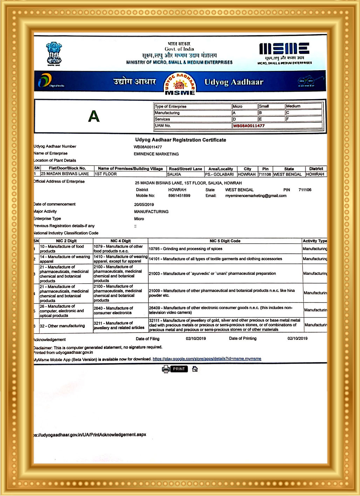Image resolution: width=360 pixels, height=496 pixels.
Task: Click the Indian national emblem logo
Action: [54, 54]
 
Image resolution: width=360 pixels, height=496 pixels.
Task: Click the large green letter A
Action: [94, 116]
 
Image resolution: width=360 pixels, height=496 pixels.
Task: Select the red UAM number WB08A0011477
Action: [249, 126]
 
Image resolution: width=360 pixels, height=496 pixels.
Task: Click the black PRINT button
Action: [179, 369]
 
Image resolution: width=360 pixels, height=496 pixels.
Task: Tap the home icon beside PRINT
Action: [195, 369]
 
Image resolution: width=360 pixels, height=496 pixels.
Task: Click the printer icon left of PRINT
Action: [166, 369]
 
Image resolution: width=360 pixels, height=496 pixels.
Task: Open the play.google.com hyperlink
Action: [207, 359]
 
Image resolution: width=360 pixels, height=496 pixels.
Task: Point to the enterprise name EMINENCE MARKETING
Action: [156, 154]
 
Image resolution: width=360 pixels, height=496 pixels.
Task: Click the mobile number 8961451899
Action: [179, 196]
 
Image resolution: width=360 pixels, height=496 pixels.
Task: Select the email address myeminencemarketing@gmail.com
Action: [256, 196]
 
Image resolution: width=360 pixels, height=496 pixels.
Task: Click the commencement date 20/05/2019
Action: [144, 204]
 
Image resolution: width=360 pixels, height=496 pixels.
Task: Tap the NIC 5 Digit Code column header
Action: [225, 241]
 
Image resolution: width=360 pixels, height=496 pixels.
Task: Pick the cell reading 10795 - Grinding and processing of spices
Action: [186, 249]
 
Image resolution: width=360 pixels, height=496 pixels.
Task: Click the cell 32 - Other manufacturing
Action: [62, 326]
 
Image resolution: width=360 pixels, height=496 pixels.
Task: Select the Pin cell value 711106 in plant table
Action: [265, 174]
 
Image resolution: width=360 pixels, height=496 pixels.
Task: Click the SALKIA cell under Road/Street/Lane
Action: [174, 174]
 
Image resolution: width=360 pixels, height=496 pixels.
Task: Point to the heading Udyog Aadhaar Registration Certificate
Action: [181, 140]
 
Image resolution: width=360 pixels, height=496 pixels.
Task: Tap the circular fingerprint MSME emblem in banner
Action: [180, 84]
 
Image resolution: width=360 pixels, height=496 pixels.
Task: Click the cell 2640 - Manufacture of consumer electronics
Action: [113, 310]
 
